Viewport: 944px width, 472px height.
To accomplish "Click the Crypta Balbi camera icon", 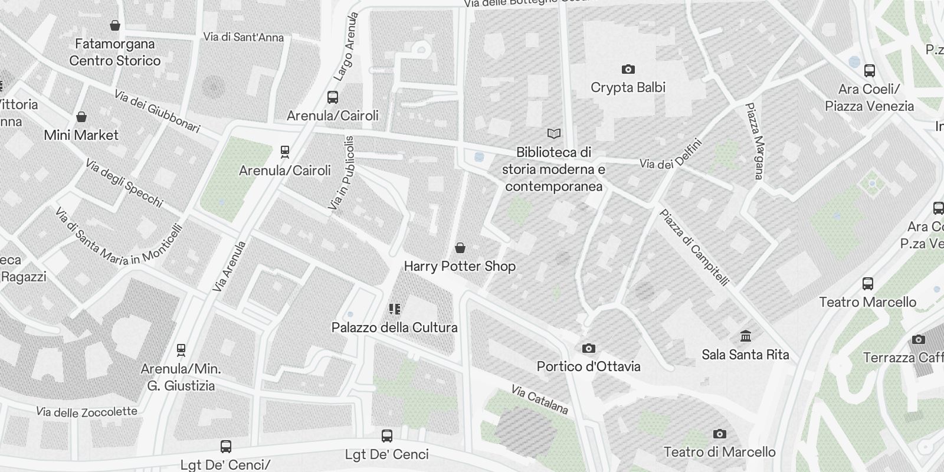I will coord(628,70).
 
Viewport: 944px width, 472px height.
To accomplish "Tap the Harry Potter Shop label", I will coord(460,267).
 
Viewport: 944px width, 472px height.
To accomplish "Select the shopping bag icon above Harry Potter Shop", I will coord(460,248).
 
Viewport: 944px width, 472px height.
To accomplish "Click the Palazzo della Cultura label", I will coord(394,327).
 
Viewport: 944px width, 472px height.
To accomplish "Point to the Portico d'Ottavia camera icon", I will coord(588,349).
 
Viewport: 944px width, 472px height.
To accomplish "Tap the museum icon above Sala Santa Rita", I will coord(746,336).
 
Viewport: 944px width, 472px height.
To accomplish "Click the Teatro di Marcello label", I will coord(719,453).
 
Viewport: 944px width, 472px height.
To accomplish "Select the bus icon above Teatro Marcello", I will coord(868,284).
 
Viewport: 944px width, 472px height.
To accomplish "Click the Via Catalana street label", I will coord(539,399).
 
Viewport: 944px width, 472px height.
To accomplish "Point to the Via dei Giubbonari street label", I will coord(157,112).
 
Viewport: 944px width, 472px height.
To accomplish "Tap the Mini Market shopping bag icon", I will coord(81,117).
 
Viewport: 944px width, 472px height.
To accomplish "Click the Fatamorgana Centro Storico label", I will coord(115,52).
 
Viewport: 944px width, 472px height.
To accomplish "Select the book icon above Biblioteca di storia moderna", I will coord(553,134).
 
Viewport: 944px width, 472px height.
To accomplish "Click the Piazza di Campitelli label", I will coord(694,247).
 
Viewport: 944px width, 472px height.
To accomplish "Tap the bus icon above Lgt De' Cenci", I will coord(387,437).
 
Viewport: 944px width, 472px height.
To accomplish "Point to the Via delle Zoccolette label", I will coord(87,412).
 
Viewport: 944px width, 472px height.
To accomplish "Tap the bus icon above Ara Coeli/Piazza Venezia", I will coord(869,71).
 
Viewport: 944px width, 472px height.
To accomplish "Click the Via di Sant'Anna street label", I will coord(243,37).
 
